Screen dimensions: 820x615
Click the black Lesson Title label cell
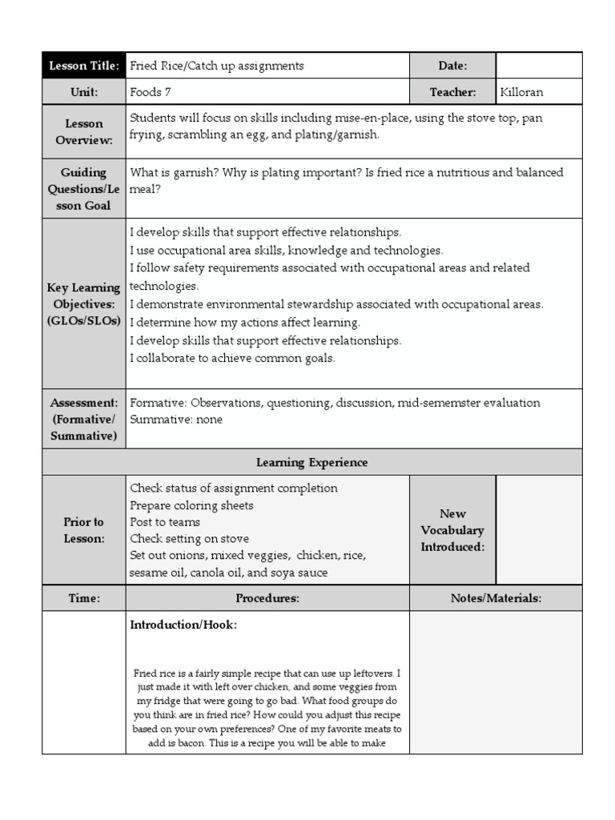tap(84, 66)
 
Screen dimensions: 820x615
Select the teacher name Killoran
tap(521, 92)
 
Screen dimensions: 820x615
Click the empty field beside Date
tap(539, 66)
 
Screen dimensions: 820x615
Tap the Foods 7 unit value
tap(151, 92)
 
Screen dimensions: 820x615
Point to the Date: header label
tap(452, 66)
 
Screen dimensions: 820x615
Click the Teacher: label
tap(452, 92)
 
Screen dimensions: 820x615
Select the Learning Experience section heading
tap(312, 462)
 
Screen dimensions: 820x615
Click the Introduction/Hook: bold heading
tap(183, 625)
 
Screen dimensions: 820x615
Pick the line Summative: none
tap(176, 420)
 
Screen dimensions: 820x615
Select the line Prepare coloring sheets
tap(191, 505)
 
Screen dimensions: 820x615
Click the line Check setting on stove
tap(189, 539)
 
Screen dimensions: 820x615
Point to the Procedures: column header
tap(267, 598)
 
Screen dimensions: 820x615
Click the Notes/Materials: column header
tap(496, 598)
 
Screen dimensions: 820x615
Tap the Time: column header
tap(84, 598)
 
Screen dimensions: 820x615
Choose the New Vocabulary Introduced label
tap(452, 530)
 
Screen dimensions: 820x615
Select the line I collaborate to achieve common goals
tap(232, 358)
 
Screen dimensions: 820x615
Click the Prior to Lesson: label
tap(84, 530)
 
